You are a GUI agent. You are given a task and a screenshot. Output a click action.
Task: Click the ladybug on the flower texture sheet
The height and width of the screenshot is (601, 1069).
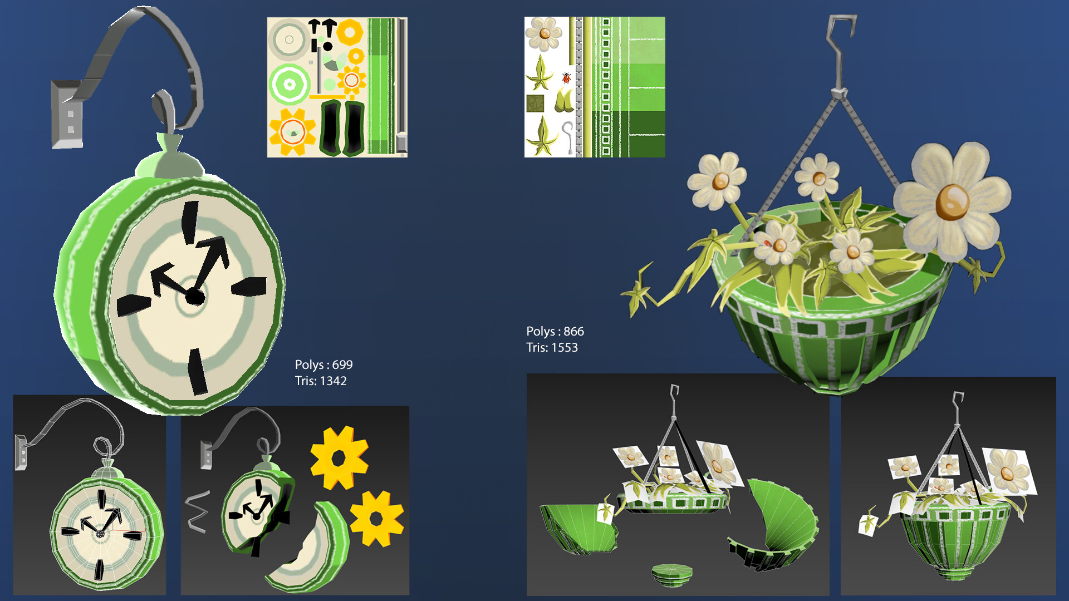click(x=567, y=78)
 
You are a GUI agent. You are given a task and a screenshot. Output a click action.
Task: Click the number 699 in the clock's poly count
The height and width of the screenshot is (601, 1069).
click(x=342, y=365)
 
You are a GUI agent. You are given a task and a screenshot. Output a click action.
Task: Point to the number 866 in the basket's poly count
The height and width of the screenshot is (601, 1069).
click(x=573, y=332)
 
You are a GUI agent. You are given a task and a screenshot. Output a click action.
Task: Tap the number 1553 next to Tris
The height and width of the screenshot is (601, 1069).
click(x=565, y=348)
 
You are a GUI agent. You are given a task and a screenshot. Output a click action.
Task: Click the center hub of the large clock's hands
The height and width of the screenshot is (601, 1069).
click(x=194, y=296)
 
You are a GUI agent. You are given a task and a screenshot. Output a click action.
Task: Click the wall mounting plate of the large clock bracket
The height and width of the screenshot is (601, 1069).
click(x=67, y=114)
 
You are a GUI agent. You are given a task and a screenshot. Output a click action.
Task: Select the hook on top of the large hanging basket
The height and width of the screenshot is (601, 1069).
click(x=840, y=53)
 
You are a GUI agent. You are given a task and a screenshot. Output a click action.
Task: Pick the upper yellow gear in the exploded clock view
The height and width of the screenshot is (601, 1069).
click(x=339, y=458)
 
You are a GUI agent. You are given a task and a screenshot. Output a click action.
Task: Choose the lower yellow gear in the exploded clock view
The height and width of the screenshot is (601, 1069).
click(x=377, y=518)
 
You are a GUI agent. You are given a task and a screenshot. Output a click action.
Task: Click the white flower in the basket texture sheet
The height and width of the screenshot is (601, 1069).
click(x=544, y=34)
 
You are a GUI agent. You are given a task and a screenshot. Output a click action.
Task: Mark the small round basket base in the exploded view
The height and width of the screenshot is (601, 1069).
click(x=672, y=575)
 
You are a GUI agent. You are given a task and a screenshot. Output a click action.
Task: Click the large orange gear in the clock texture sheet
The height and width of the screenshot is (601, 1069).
click(x=292, y=132)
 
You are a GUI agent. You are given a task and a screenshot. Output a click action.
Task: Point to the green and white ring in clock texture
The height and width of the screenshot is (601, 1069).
click(x=290, y=85)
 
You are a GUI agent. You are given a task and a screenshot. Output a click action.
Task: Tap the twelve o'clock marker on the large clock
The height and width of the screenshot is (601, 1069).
click(x=190, y=223)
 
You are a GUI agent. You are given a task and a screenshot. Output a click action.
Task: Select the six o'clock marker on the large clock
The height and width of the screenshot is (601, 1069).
click(x=197, y=372)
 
